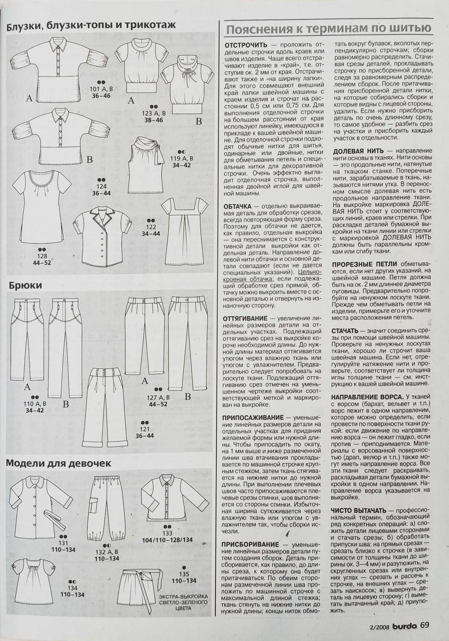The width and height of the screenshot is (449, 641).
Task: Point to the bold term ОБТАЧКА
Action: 238,206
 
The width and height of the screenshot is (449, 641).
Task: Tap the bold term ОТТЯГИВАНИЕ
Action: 245,318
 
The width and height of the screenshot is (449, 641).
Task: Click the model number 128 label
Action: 42,256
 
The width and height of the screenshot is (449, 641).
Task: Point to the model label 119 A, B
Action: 182,159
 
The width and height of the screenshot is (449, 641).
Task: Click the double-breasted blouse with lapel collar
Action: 100,236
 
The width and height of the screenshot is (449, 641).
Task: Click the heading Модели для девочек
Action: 59,463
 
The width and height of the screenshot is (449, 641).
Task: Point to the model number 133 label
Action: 168,533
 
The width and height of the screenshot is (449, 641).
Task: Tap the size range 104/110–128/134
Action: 167,540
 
